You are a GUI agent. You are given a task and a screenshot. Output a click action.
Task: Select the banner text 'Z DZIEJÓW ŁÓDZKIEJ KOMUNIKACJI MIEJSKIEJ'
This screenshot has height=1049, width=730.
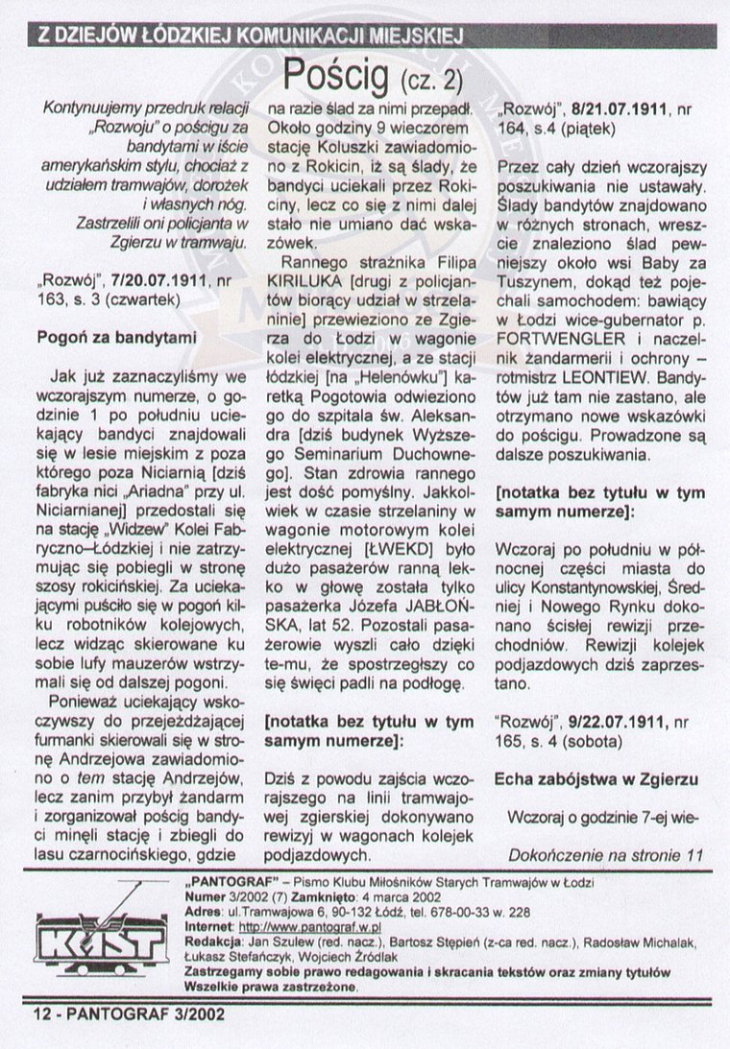pyautogui.click(x=248, y=36)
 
